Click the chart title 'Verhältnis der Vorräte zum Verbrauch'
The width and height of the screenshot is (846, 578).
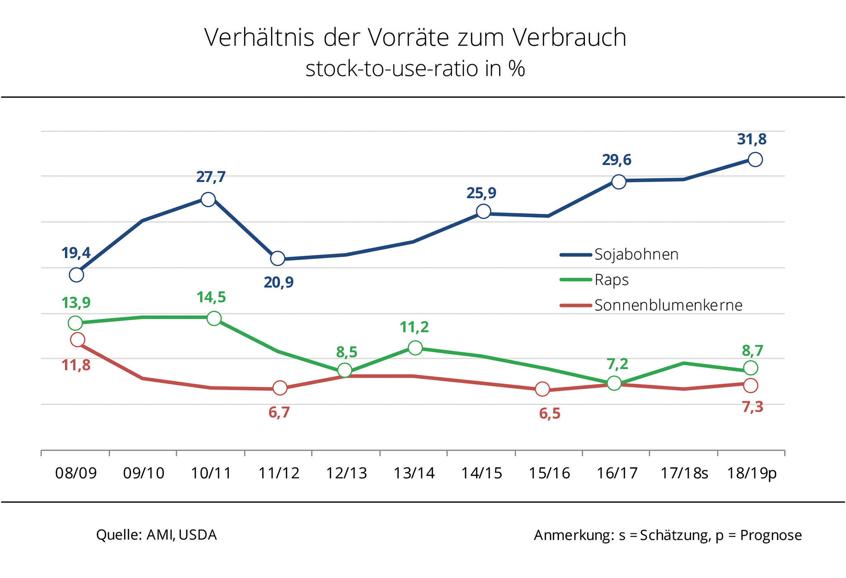coord(415,38)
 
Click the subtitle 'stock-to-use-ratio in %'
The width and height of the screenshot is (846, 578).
coord(415,69)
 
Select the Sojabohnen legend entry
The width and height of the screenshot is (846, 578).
coord(636,255)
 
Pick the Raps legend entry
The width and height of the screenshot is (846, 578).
coord(611,280)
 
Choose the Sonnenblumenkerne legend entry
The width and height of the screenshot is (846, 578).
coord(668,306)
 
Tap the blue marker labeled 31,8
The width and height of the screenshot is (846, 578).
coord(755,159)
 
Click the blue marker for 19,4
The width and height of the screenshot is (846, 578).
coord(76,275)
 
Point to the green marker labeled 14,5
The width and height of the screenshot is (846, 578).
coord(214,318)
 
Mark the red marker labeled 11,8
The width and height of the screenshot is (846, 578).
coord(78,340)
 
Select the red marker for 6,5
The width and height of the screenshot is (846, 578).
coord(542,389)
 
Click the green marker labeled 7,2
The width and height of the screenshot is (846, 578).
coord(614,383)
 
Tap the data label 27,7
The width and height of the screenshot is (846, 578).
coord(211,177)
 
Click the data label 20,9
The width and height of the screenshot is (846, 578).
coord(279,282)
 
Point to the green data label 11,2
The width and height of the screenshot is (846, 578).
coord(414,327)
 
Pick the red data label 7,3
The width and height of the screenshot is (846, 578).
coord(753,407)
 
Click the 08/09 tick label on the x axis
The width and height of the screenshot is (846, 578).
coord(76,473)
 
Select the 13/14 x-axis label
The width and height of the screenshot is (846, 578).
coord(414,473)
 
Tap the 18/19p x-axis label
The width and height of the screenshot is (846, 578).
coord(752,473)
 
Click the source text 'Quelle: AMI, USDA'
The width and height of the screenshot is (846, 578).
coord(156,535)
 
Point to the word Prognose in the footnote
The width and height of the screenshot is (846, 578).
coord(771,535)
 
